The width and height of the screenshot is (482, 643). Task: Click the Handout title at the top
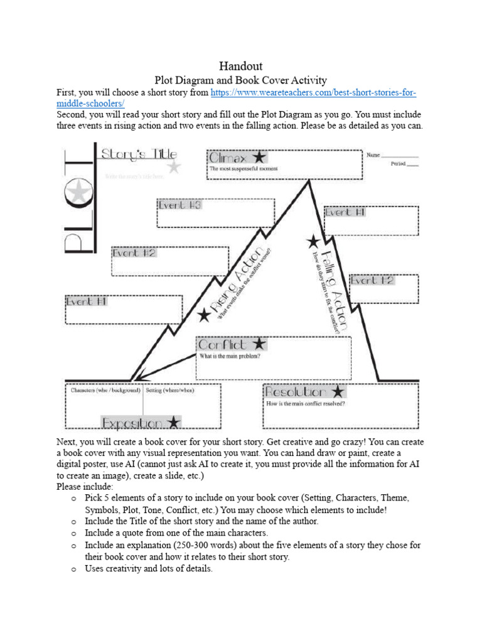click(x=241, y=66)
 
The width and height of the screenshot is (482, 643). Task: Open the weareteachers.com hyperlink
click(x=313, y=93)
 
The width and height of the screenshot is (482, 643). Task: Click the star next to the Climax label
click(x=257, y=157)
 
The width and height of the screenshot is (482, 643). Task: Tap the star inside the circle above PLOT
click(x=78, y=192)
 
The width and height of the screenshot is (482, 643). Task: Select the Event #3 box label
click(x=179, y=205)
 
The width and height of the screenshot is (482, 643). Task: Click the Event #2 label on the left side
click(x=134, y=254)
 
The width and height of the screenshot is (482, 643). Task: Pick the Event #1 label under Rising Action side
click(x=87, y=301)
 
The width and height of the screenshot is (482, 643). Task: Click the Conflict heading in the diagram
click(x=223, y=344)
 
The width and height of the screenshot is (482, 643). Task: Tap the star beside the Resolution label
click(x=338, y=392)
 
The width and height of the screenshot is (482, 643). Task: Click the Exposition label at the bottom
click(x=134, y=422)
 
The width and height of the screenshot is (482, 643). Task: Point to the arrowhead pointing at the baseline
click(x=139, y=377)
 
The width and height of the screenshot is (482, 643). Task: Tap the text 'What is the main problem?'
click(x=230, y=357)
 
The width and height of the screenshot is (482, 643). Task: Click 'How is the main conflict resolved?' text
click(x=306, y=404)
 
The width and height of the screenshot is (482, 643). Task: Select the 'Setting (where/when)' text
click(x=170, y=390)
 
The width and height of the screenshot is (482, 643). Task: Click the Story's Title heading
click(x=139, y=154)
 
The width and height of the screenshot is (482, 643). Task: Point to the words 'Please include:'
click(x=85, y=486)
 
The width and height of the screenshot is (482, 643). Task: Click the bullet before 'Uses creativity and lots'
click(x=73, y=569)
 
